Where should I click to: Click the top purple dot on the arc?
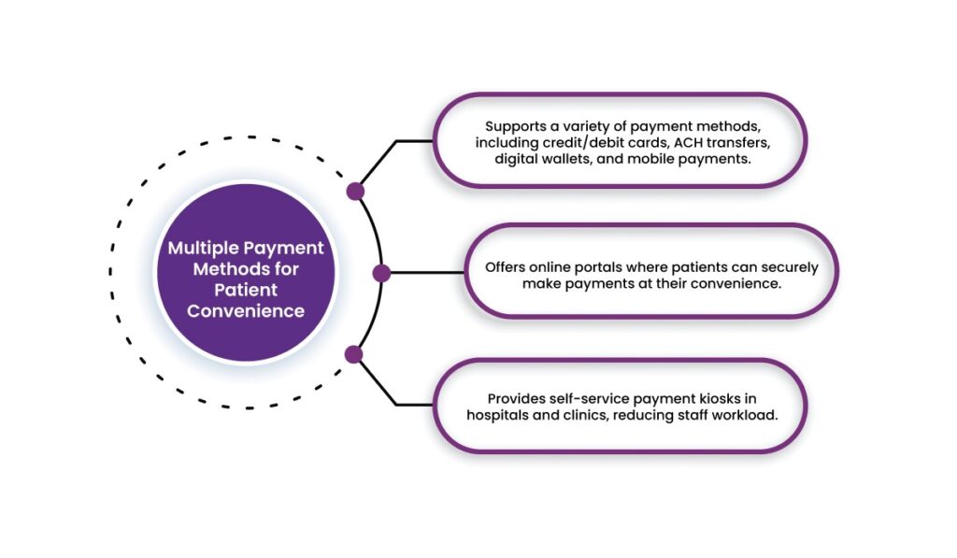click(355, 192)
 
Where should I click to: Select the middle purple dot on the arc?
click(381, 273)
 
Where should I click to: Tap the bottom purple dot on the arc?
click(353, 354)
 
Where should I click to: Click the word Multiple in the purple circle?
click(204, 249)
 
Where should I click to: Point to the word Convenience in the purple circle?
click(246, 311)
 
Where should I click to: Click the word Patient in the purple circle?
click(246, 291)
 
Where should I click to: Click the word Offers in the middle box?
click(506, 266)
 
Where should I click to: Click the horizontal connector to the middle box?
click(425, 273)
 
